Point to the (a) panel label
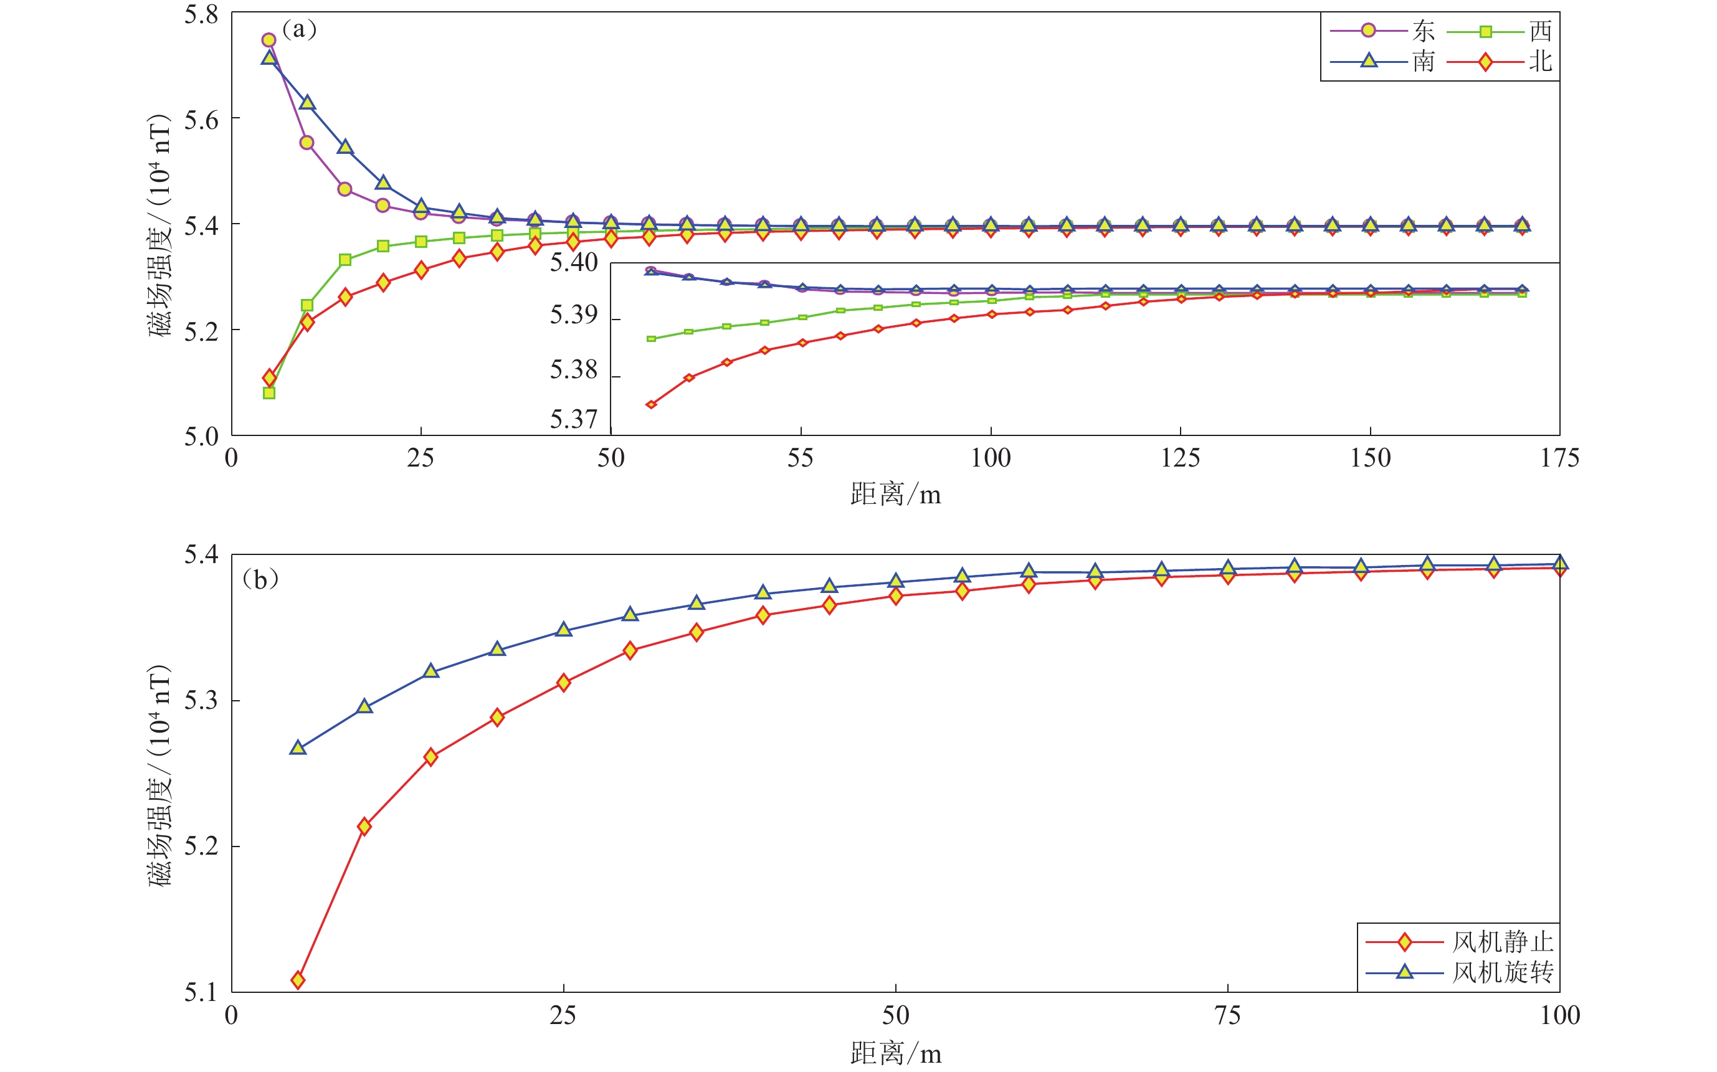click(x=299, y=29)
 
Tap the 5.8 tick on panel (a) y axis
click(x=201, y=15)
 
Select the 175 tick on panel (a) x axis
click(x=1559, y=458)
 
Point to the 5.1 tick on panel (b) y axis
click(x=201, y=992)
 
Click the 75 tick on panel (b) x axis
click(x=1227, y=1016)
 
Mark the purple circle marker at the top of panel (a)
click(x=269, y=40)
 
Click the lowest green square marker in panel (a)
click(x=269, y=393)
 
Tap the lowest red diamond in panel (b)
click(x=298, y=980)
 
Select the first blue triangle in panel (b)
click(x=298, y=748)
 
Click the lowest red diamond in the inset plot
click(x=652, y=404)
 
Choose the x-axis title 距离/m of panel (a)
click(x=895, y=495)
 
